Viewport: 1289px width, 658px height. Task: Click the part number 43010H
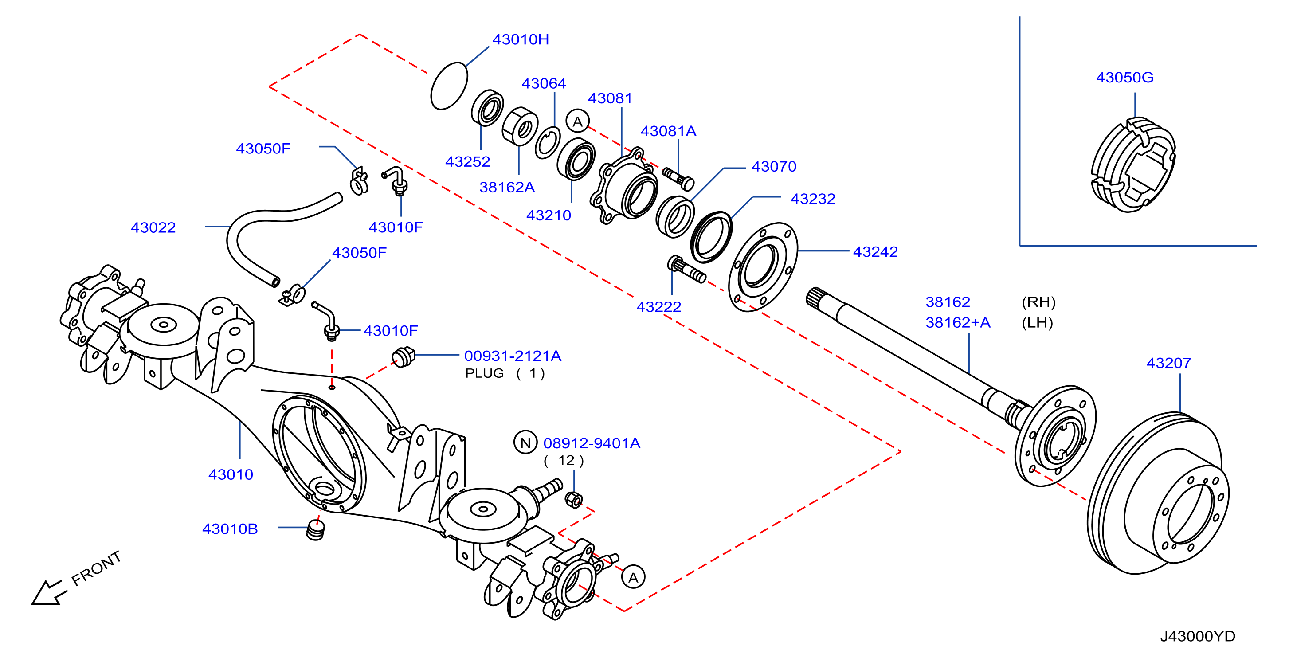click(521, 39)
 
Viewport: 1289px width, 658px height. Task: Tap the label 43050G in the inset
click(1124, 78)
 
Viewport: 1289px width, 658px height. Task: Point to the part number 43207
click(1168, 363)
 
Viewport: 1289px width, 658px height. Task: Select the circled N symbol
click(525, 443)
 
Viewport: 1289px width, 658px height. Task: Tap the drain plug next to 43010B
click(316, 530)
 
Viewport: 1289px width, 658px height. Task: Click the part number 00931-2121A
click(513, 356)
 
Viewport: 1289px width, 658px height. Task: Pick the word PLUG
click(484, 373)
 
